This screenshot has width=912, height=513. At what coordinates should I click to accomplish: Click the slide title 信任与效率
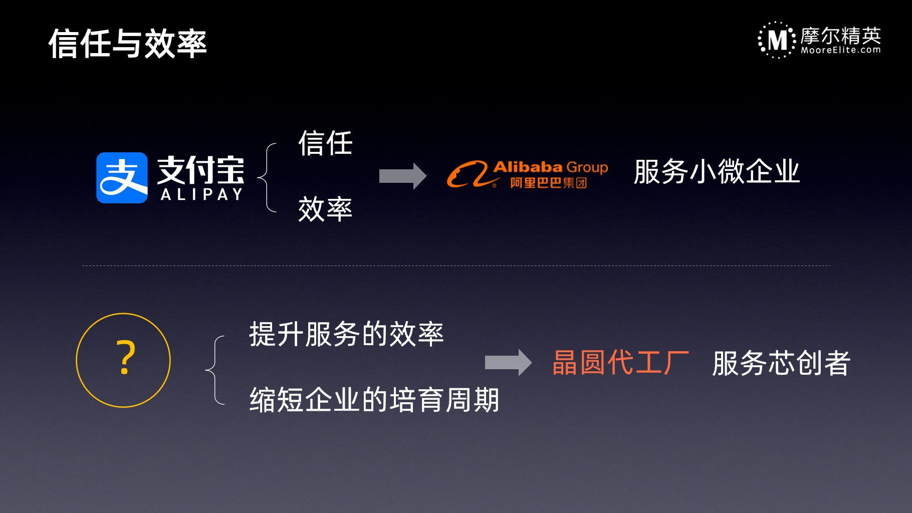coord(127,44)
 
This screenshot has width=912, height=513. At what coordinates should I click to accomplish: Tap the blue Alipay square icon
coord(122,178)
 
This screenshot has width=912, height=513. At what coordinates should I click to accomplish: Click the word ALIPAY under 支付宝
coord(201,194)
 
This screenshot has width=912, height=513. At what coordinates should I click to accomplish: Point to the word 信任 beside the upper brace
coord(326,143)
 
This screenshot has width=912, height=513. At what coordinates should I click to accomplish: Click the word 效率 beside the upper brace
coord(326,209)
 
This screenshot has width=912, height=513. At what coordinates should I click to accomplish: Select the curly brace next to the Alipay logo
coord(267,177)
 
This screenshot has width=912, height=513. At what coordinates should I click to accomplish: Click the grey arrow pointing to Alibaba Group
coord(403,176)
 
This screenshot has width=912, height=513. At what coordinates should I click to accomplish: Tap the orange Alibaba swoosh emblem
coord(468,174)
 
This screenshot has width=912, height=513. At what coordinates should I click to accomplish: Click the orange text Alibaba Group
coord(551,167)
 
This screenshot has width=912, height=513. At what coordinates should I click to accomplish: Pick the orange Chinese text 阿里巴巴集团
coord(548,183)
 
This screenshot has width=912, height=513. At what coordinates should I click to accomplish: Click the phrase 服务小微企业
coord(717,172)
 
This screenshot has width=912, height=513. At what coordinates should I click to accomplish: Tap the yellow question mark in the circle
coord(125,358)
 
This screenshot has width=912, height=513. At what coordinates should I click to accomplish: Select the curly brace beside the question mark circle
coord(215,370)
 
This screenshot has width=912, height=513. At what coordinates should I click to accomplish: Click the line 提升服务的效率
coord(346,334)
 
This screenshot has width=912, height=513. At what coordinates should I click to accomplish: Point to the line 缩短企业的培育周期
coord(374,400)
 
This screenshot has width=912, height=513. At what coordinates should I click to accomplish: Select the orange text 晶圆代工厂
coord(620,363)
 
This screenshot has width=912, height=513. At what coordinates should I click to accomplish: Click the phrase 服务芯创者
coord(781,363)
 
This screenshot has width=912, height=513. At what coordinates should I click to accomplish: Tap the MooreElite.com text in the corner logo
coord(841,50)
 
